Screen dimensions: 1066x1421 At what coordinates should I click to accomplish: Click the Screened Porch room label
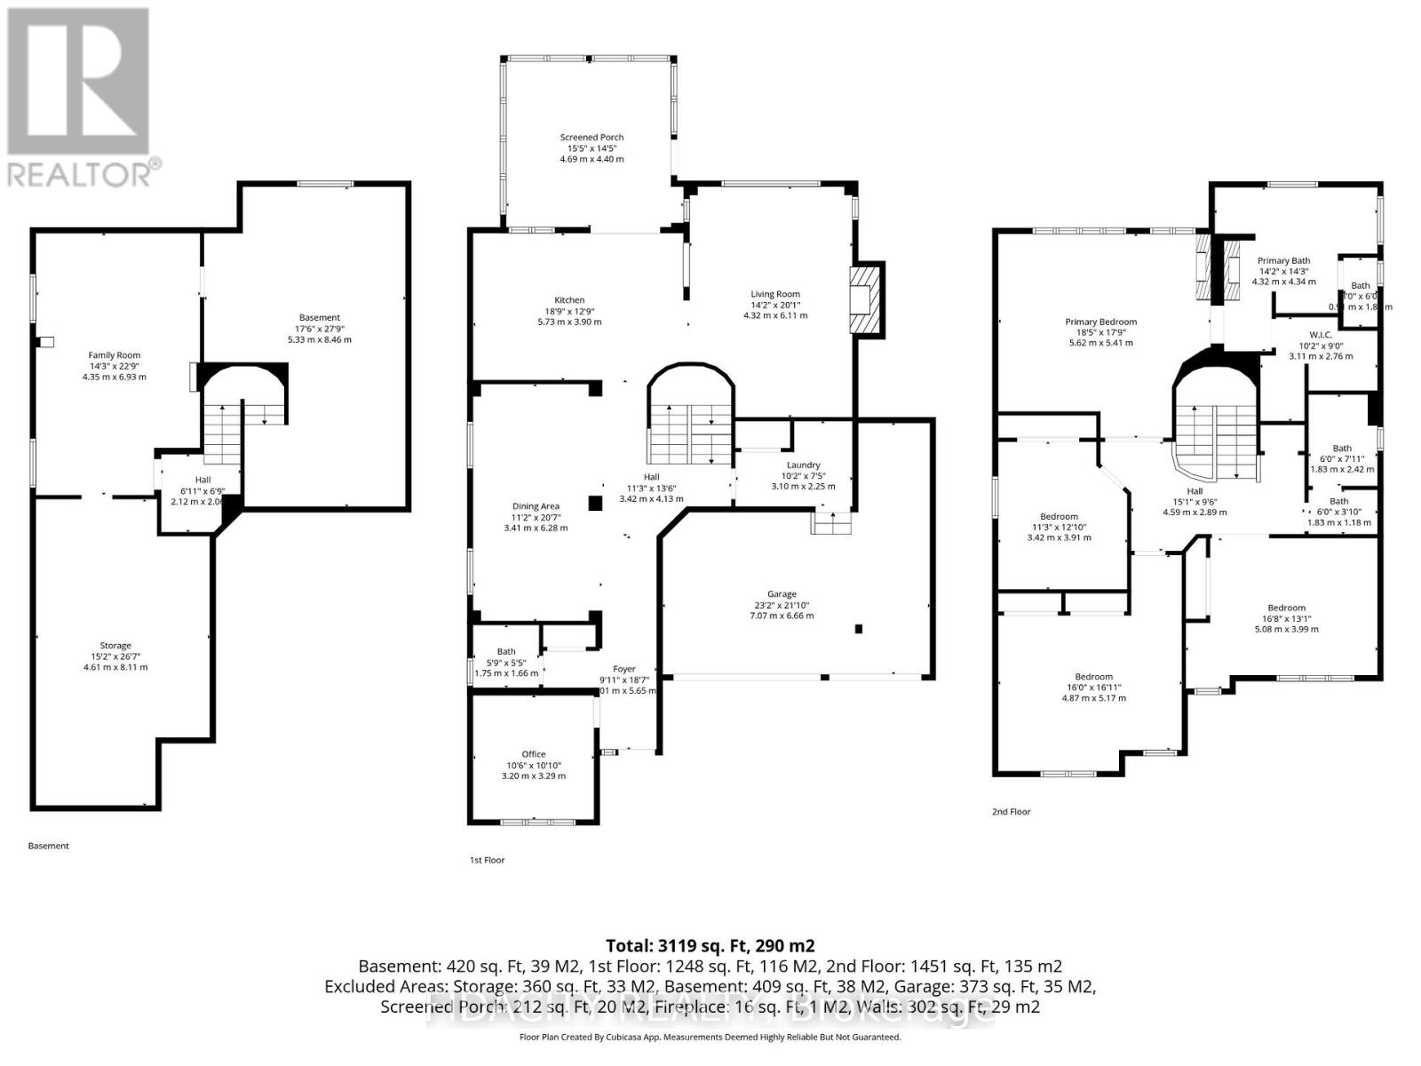pyautogui.click(x=591, y=138)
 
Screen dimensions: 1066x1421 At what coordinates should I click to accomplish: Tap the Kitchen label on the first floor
pyautogui.click(x=569, y=300)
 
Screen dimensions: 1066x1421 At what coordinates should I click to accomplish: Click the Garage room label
pyautogui.click(x=782, y=594)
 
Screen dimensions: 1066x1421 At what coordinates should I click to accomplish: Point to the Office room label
pyautogui.click(x=533, y=754)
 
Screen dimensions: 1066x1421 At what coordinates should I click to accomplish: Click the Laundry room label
pyautogui.click(x=803, y=465)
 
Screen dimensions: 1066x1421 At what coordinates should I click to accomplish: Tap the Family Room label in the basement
pyautogui.click(x=114, y=355)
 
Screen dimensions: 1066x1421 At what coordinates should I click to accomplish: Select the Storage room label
pyautogui.click(x=115, y=646)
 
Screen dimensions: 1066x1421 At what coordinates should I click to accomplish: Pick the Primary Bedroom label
pyautogui.click(x=1100, y=322)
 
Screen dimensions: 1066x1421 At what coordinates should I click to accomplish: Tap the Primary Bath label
pyautogui.click(x=1283, y=261)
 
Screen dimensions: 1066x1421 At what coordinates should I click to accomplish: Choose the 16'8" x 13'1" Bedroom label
pyautogui.click(x=1286, y=609)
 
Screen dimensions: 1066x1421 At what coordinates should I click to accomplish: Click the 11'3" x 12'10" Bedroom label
pyautogui.click(x=1059, y=517)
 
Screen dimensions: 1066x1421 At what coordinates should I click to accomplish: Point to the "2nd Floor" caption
pyautogui.click(x=1011, y=812)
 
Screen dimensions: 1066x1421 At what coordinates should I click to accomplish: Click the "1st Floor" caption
pyautogui.click(x=487, y=860)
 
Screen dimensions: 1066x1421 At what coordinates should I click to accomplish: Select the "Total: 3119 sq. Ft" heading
pyautogui.click(x=710, y=945)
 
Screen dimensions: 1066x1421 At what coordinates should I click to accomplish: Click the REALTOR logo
pyautogui.click(x=82, y=98)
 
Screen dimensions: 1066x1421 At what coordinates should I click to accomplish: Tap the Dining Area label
pyautogui.click(x=536, y=506)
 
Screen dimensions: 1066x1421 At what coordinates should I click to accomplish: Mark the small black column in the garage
pyautogui.click(x=859, y=629)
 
